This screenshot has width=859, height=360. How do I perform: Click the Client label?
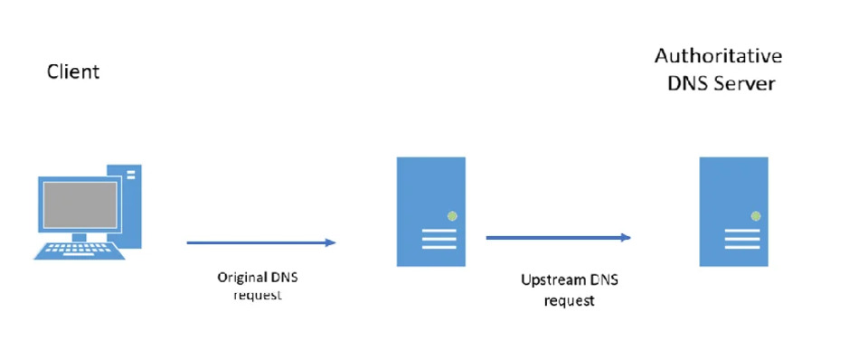pos(73,71)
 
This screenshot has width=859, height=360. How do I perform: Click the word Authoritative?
pos(718,56)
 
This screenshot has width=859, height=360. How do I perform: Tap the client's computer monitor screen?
pos(76,204)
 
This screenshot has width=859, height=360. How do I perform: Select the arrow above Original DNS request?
pos(260,242)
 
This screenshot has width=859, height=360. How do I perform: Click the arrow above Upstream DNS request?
pos(557,237)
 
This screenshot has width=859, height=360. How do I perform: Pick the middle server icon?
pos(431,212)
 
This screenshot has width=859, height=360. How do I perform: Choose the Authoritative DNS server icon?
pos(733,212)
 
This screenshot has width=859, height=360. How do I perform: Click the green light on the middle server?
pos(451,216)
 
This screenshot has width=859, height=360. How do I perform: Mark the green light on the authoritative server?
pos(754,216)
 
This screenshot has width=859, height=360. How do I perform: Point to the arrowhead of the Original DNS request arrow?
pos(330,242)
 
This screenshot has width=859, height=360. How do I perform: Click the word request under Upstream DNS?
pos(569,301)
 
